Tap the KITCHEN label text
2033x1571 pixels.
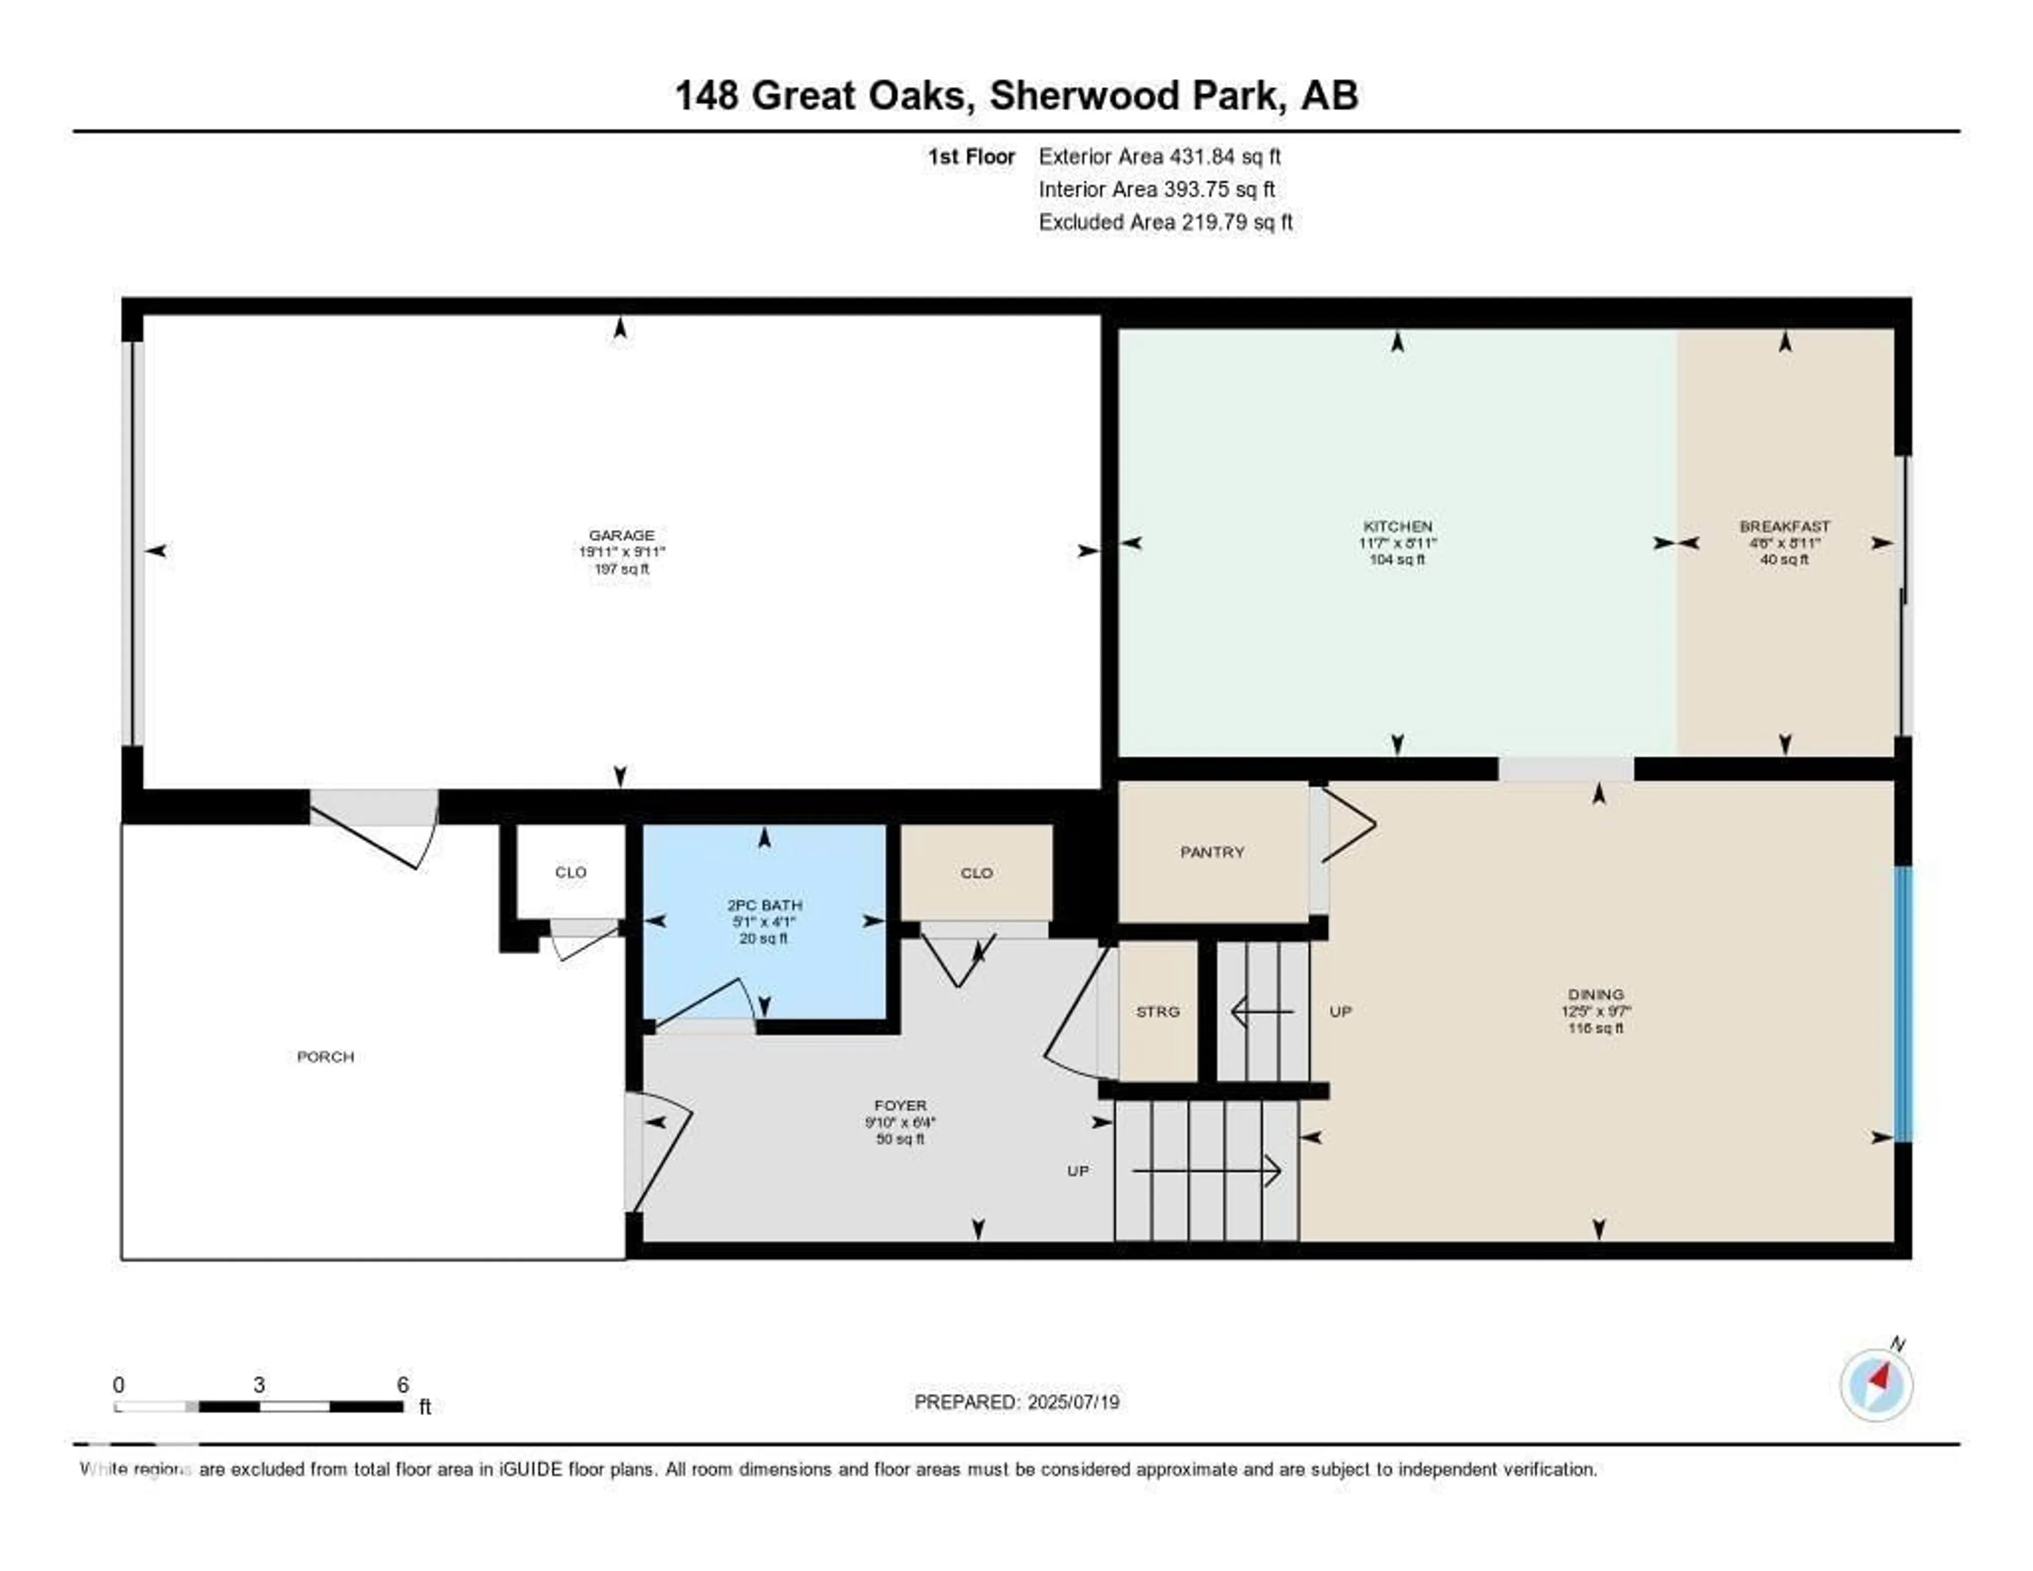[1397, 526]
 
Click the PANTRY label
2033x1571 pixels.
[1212, 852]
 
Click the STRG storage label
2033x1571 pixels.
[1158, 1011]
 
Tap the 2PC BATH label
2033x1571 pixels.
[764, 905]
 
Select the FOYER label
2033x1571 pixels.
[900, 1105]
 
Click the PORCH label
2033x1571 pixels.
[325, 1057]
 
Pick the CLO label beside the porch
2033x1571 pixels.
[571, 872]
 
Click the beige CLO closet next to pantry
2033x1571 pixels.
[976, 872]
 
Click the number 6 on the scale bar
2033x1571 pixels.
[403, 1385]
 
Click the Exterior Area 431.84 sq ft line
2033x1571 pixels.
[1160, 156]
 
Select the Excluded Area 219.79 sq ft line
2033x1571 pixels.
[1165, 221]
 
